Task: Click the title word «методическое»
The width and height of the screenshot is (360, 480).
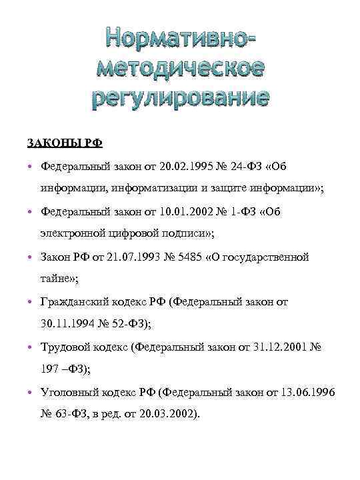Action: pos(180,68)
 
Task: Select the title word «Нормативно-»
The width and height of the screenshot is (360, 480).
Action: pos(180,39)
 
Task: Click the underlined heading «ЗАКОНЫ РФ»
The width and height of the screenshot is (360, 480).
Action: pos(65,142)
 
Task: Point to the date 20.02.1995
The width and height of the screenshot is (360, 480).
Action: pos(188,165)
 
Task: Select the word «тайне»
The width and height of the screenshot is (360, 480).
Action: pos(55,279)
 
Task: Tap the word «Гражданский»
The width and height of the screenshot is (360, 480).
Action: pos(75,302)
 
